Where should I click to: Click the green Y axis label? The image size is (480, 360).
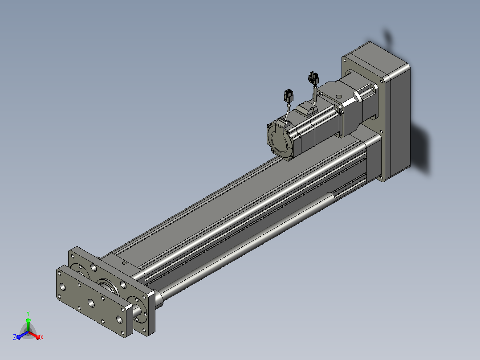(x=28, y=313)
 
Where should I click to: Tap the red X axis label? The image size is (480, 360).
(x=42, y=337)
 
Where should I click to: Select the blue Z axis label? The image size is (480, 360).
(x=15, y=337)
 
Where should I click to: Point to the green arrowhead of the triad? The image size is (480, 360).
(x=28, y=320)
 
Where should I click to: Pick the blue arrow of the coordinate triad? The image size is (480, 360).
(x=22, y=335)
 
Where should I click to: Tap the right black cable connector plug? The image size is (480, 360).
(x=313, y=78)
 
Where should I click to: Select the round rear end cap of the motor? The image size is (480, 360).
(x=279, y=140)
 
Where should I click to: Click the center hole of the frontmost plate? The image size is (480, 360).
(x=91, y=303)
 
